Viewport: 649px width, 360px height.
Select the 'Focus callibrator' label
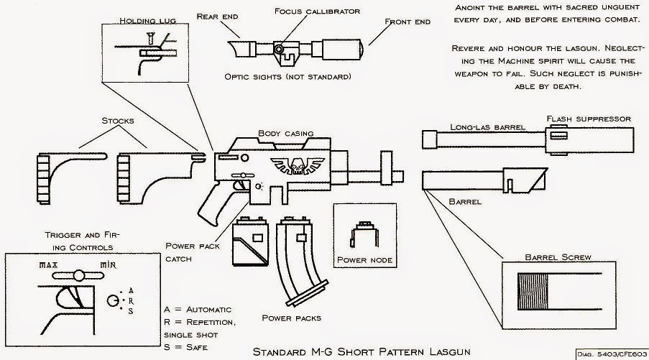point(307,11)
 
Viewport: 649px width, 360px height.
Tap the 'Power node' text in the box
point(365,259)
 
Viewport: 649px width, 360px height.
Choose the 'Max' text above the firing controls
point(48,265)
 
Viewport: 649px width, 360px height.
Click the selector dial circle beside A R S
point(113,300)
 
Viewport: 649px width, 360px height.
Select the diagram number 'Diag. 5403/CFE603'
point(611,355)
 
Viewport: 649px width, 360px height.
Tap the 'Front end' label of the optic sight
point(408,22)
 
